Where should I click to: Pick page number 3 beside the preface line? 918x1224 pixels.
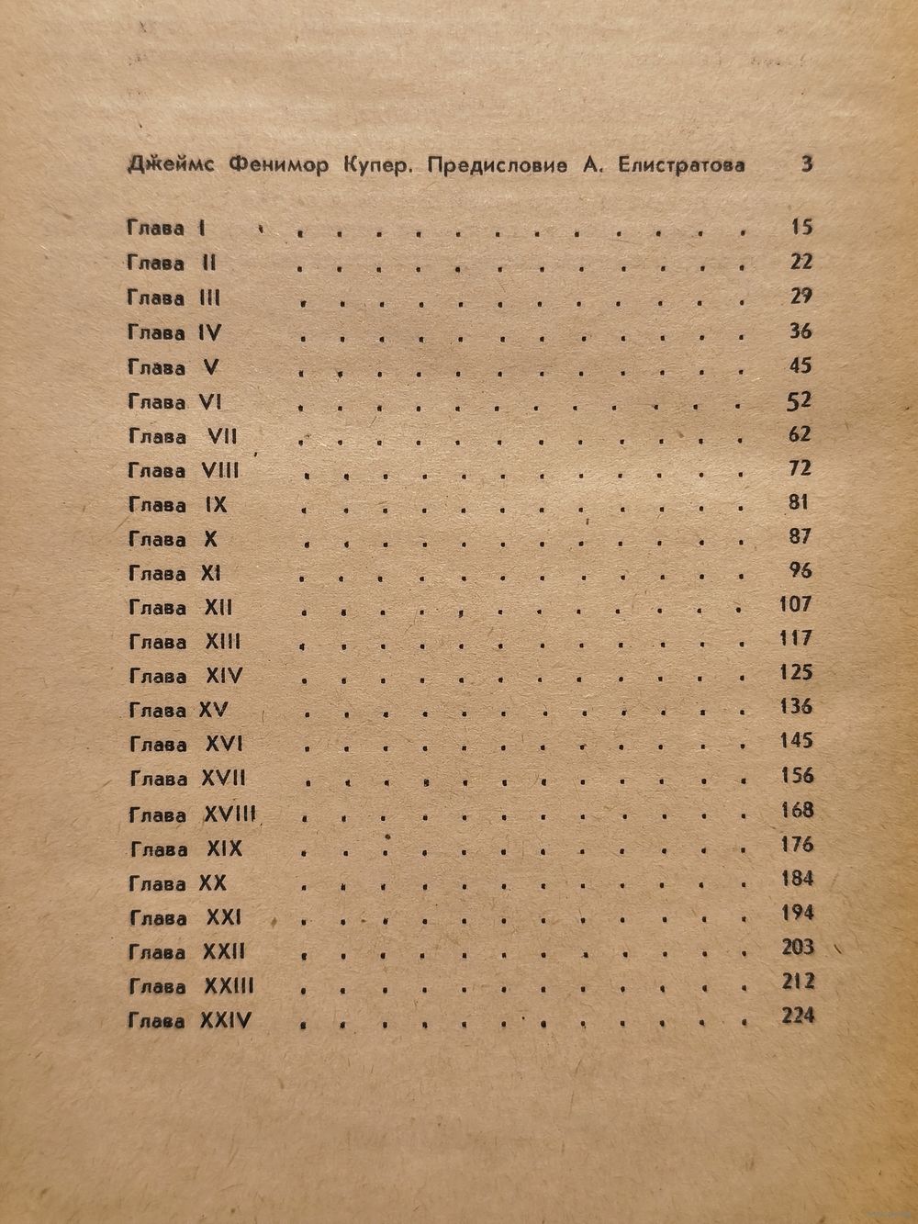coord(807,165)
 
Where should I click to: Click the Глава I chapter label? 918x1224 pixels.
coord(165,229)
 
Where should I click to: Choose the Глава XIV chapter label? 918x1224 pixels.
coord(185,676)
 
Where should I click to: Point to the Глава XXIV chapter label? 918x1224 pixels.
coord(190,1019)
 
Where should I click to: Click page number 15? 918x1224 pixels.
coord(800,227)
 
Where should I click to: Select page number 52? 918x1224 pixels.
coord(800,399)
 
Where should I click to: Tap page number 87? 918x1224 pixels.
coord(800,536)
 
